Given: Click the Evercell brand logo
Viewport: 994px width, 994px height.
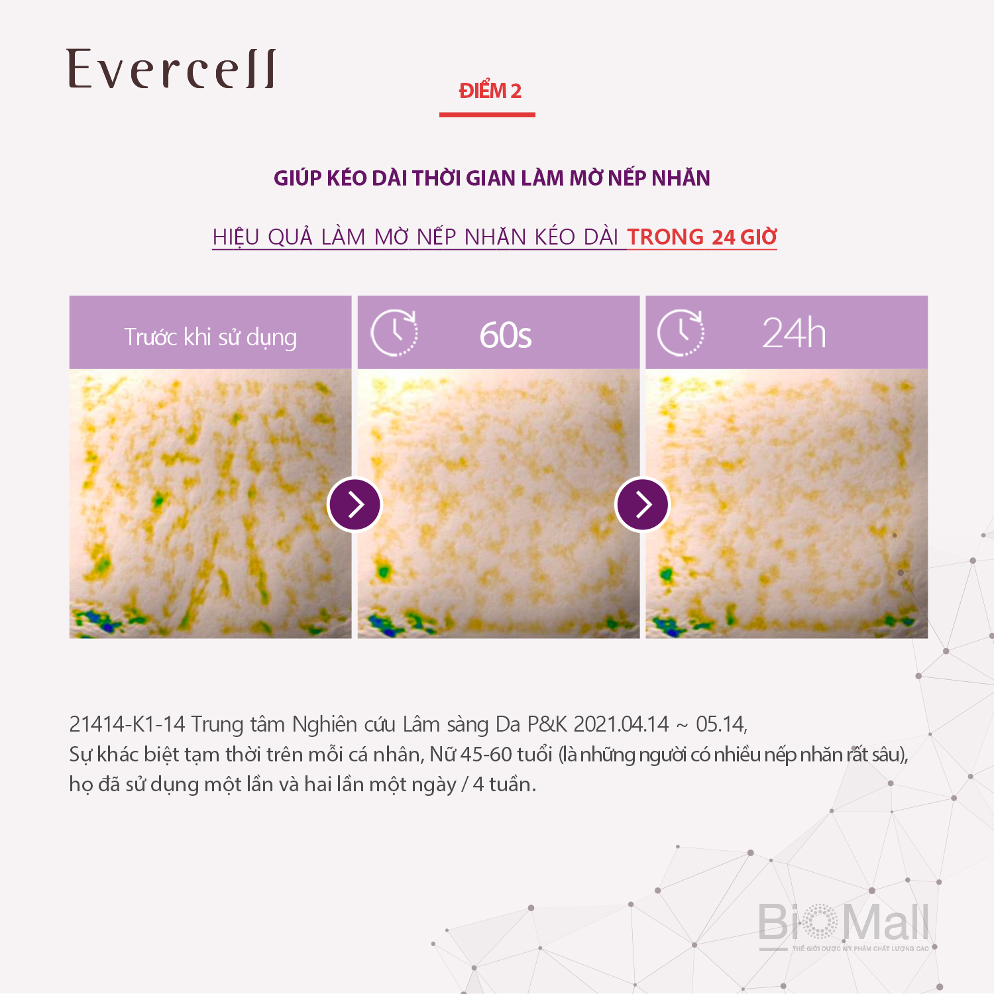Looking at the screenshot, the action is click(171, 69).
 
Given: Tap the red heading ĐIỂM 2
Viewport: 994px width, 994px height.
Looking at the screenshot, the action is click(490, 90).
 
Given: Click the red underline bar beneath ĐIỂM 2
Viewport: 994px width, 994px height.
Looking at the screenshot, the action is click(487, 115).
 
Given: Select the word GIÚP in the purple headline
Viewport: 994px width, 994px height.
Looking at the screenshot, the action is click(298, 178).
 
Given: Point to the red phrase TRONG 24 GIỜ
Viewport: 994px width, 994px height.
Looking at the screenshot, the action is click(702, 237).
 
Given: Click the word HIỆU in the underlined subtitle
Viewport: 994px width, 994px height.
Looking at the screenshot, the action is click(236, 237).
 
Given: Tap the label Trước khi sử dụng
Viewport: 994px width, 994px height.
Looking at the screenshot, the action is click(211, 337).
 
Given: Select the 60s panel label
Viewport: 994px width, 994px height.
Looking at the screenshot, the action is click(506, 335).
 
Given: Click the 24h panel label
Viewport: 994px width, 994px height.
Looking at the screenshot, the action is click(794, 333).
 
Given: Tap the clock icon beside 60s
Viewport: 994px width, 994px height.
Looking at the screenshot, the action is click(394, 333).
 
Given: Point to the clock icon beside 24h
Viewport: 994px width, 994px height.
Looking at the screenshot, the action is click(681, 333).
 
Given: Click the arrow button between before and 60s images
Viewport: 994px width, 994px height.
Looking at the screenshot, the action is click(355, 504).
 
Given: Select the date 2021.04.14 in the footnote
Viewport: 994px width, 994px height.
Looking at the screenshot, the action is click(621, 724).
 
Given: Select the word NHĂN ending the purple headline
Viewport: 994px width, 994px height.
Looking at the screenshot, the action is click(681, 178).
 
